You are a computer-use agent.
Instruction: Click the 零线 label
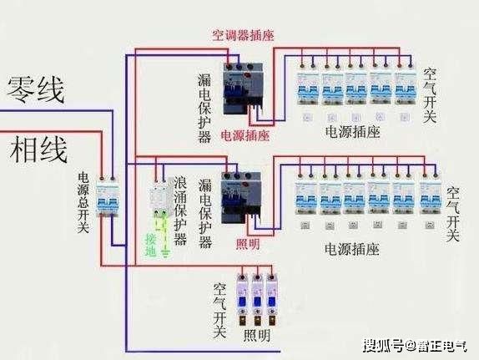click(x=37, y=89)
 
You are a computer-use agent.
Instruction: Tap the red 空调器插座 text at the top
click(x=241, y=35)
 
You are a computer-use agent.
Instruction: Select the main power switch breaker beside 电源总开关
click(x=107, y=196)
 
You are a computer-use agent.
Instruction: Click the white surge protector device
click(x=159, y=200)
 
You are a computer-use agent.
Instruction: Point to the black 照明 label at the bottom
click(x=257, y=337)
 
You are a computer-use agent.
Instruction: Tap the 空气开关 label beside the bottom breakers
click(x=220, y=309)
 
